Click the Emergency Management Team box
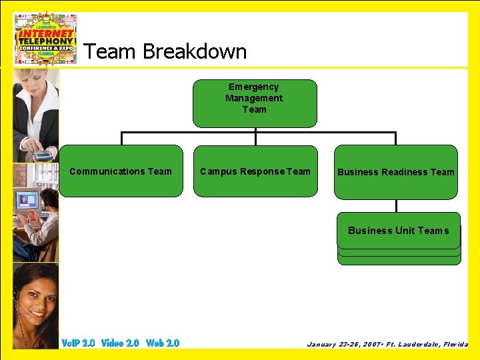pyautogui.click(x=255, y=103)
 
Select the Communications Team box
pyautogui.click(x=121, y=171)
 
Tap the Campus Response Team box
pyautogui.click(x=255, y=171)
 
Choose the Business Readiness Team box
pyautogui.click(x=395, y=172)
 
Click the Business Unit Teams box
pyautogui.click(x=399, y=231)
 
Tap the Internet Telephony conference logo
pyautogui.click(x=46, y=38)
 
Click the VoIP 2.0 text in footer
pyautogui.click(x=78, y=343)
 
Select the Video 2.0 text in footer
pyautogui.click(x=120, y=343)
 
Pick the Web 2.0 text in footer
pyautogui.click(x=163, y=343)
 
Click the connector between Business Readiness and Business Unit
pyautogui.click(x=396, y=205)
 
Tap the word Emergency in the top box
pyautogui.click(x=253, y=87)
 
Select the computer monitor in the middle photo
pyautogui.click(x=26, y=200)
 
